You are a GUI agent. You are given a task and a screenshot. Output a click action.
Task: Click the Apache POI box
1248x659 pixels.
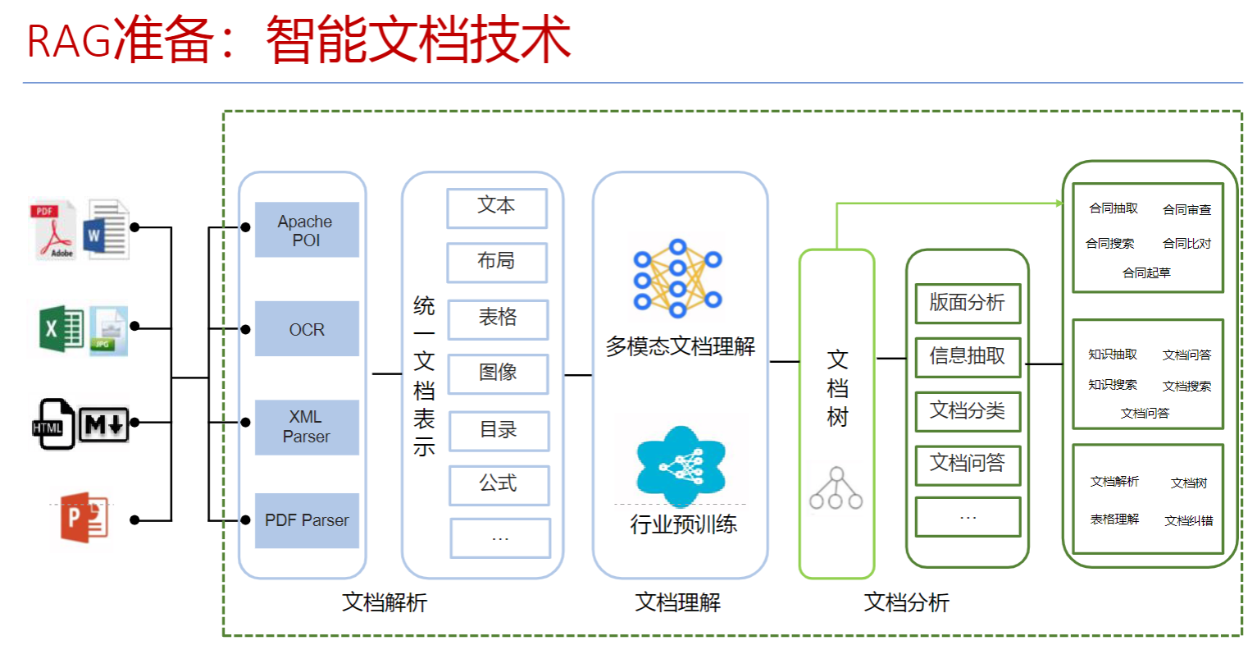[x=307, y=230]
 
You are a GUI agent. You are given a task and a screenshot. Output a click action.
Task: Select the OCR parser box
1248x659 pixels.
[x=307, y=329]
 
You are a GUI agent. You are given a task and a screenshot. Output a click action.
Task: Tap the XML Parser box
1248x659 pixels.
[x=307, y=427]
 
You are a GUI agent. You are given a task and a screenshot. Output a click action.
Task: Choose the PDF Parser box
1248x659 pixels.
[x=307, y=520]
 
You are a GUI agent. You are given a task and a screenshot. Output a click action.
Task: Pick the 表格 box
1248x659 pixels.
[x=498, y=318]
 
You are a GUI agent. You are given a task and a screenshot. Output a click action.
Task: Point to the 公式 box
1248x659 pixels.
[x=499, y=484]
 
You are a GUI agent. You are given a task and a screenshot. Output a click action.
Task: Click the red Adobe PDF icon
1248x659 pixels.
[x=55, y=231]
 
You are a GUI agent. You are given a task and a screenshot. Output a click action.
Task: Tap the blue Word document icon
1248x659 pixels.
[x=107, y=230]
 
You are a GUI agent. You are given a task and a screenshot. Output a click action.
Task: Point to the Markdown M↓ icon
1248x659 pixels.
[x=104, y=424]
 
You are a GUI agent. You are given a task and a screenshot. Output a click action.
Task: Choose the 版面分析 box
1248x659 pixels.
[x=968, y=303]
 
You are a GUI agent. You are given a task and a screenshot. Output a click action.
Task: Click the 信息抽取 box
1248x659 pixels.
[x=968, y=356]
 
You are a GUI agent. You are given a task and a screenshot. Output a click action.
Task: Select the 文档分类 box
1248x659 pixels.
[x=968, y=410]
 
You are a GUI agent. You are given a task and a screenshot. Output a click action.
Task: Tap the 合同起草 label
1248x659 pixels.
[x=1146, y=273]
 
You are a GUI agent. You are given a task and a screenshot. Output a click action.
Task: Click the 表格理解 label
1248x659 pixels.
[x=1114, y=519]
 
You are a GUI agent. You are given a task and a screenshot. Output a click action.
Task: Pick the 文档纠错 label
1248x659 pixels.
[x=1189, y=521]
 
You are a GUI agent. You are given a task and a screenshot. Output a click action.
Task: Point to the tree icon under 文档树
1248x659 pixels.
[x=836, y=489]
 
